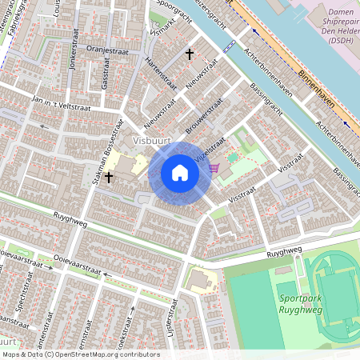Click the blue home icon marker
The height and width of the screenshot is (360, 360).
[180, 173]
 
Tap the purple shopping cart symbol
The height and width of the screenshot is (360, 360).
[214, 168]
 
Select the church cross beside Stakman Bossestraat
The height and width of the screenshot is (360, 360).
[108, 177]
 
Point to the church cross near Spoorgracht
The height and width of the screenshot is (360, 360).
[190, 54]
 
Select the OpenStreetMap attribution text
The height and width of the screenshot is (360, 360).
[80, 354]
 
